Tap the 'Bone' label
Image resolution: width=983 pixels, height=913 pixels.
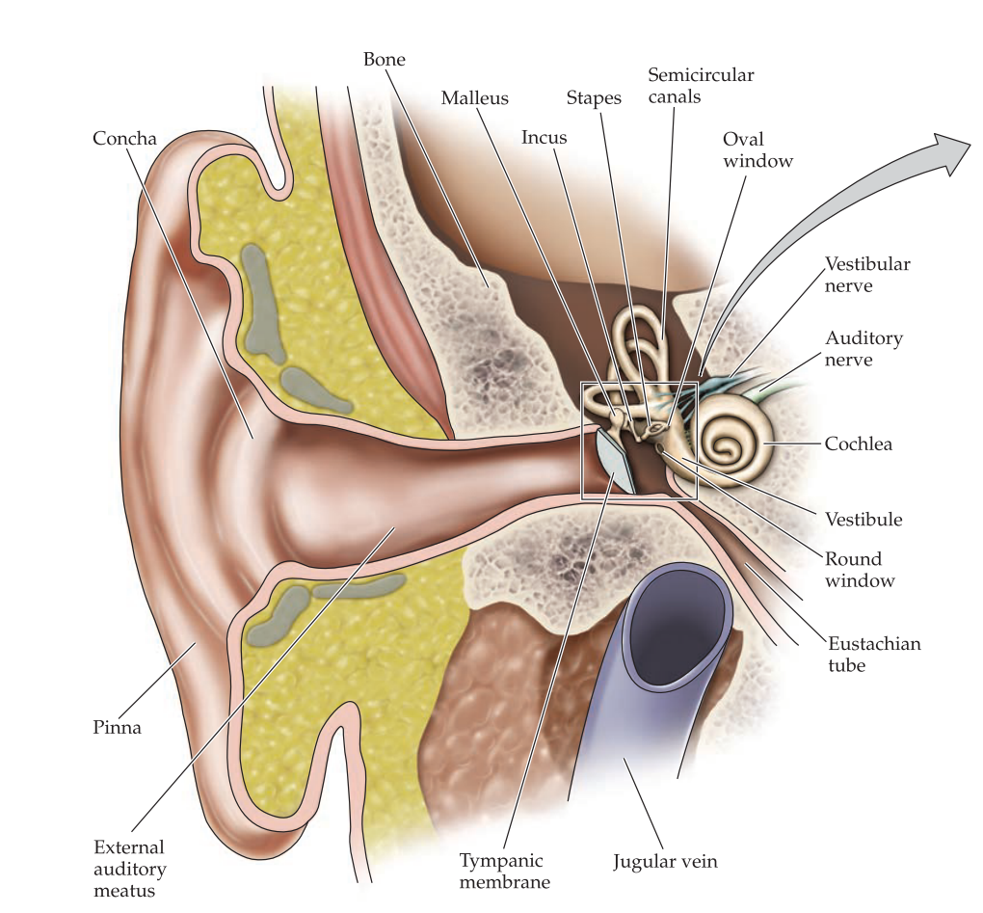[384, 60]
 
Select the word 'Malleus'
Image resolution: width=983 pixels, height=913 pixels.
[474, 98]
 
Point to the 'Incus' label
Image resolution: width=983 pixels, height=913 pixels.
[545, 137]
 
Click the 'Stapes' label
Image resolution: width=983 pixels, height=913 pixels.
[594, 98]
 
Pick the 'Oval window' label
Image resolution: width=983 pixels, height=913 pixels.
[757, 150]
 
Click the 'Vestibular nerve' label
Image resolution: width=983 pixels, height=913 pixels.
[867, 274]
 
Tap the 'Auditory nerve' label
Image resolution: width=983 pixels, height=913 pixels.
[863, 349]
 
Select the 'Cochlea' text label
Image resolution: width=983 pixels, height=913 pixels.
[859, 444]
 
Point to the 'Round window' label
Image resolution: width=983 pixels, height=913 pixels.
[860, 570]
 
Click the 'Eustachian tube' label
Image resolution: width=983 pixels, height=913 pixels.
[874, 654]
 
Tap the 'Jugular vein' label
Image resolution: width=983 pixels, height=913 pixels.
[665, 861]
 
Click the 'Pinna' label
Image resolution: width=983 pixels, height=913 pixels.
[117, 727]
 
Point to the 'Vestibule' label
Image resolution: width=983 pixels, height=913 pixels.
[863, 520]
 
